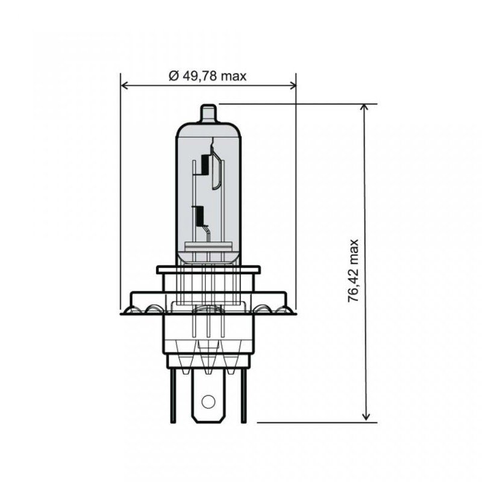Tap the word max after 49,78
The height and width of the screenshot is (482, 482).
tap(233, 76)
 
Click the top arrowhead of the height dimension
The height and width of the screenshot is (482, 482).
tap(365, 107)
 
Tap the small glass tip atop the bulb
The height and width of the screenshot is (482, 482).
tap(208, 113)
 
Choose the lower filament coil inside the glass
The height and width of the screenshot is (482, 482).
tap(199, 213)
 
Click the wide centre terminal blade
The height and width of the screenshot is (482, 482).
tap(208, 395)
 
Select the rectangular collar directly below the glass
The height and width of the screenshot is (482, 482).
tap(208, 270)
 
